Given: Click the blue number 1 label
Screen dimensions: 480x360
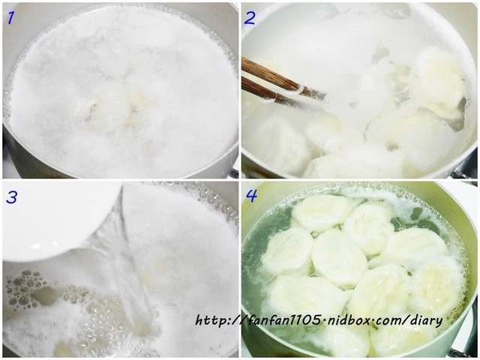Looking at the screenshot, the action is (11, 17).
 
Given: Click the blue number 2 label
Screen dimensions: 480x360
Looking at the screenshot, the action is (250, 18).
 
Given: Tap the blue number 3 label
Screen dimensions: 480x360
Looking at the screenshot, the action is (12, 196).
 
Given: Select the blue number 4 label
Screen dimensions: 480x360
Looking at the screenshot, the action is (251, 196).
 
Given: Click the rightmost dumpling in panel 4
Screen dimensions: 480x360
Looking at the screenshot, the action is (438, 286).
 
